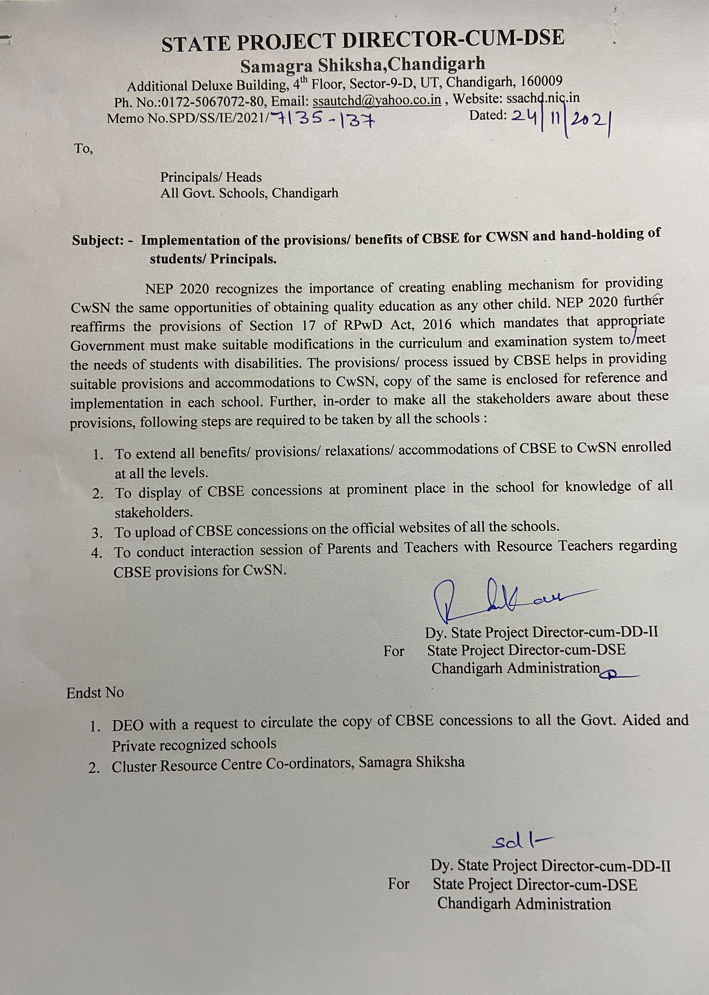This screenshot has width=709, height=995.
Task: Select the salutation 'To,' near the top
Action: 83,149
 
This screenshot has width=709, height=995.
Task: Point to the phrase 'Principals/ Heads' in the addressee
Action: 211,177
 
